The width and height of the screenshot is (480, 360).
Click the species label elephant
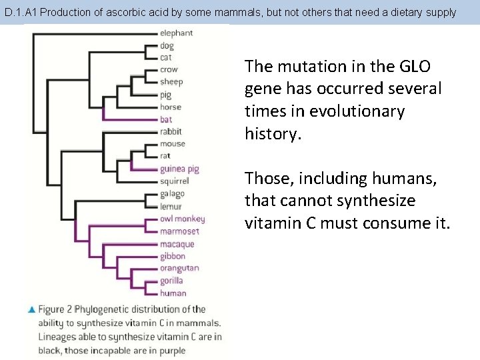(x=176, y=33)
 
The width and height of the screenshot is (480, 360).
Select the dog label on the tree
(x=167, y=45)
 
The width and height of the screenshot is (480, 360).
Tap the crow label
(x=169, y=70)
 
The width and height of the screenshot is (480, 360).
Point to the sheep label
(x=171, y=82)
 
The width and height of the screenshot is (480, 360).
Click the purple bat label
(x=166, y=119)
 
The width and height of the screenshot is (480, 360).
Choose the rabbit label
(x=171, y=131)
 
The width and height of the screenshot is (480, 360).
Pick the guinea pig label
(x=179, y=169)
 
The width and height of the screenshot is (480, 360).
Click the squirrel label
(x=174, y=181)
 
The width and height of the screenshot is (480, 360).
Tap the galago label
(x=171, y=193)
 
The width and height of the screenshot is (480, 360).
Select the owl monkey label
(x=182, y=219)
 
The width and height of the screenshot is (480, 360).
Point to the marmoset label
(x=179, y=231)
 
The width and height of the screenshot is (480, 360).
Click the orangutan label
(x=179, y=269)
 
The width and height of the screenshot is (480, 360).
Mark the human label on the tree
(x=173, y=293)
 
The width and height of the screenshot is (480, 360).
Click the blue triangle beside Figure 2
(x=31, y=310)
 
